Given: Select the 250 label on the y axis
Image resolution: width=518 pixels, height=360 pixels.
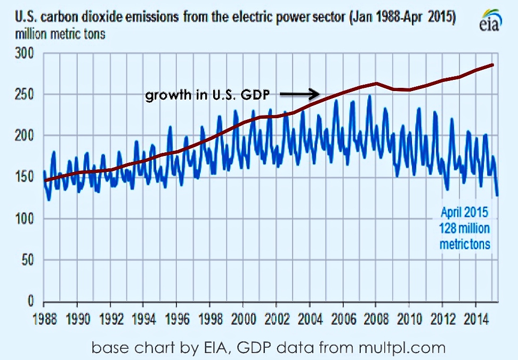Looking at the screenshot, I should pyautogui.click(x=26, y=95).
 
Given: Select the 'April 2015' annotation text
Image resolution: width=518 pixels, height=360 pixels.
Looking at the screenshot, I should pyautogui.click(x=464, y=212).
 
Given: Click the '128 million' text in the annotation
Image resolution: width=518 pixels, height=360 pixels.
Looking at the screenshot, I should pyautogui.click(x=465, y=228).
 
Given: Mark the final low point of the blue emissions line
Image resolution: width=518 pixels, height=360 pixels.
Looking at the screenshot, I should pyautogui.click(x=497, y=195).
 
